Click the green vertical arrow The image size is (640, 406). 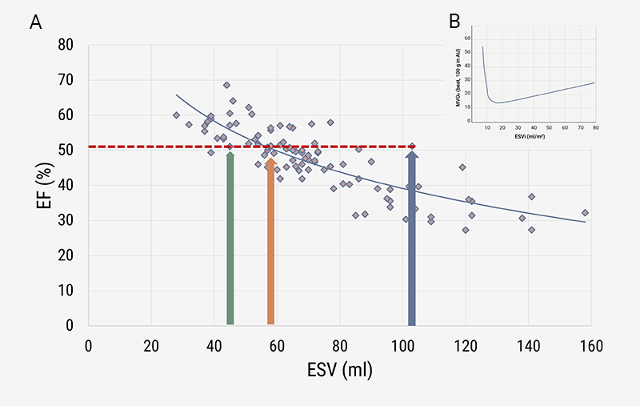(x=230, y=240)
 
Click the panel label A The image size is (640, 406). (x=36, y=22)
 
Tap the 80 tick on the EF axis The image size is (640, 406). (x=68, y=45)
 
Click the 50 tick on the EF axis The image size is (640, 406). (x=68, y=150)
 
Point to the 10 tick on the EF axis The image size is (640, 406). (x=68, y=290)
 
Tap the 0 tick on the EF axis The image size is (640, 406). (x=71, y=325)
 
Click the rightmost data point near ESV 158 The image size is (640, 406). (x=585, y=212)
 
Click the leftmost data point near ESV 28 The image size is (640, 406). (x=176, y=115)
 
